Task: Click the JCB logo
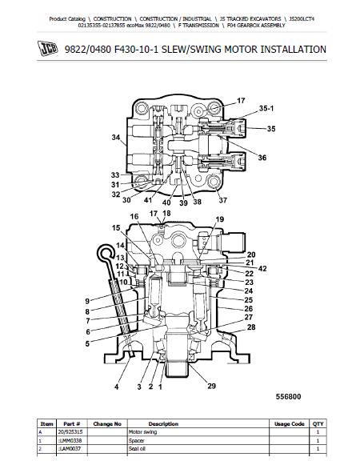(47, 48)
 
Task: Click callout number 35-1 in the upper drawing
(266, 109)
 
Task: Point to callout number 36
(262, 158)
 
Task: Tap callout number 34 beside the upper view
(116, 138)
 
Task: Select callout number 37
(223, 200)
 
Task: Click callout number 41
(148, 200)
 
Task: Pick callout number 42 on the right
(262, 268)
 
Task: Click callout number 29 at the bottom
(212, 386)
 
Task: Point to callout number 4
(117, 387)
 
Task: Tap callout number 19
(220, 219)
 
